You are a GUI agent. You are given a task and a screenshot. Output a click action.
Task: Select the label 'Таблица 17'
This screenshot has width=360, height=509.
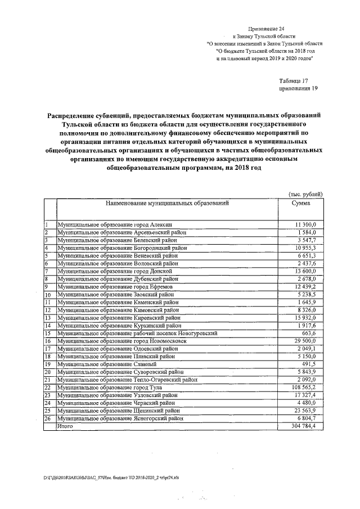tap(293, 80)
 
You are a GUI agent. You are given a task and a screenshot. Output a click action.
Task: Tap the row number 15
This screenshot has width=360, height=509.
tap(48, 333)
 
